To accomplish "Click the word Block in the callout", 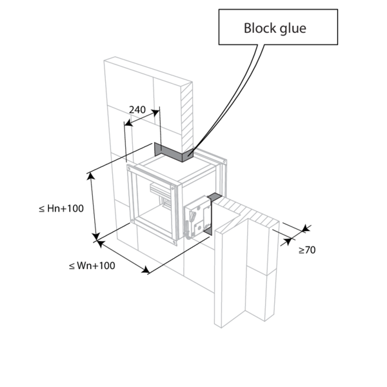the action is tap(260, 28).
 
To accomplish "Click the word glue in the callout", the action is tap(293, 29).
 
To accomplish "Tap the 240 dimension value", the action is tap(137, 110).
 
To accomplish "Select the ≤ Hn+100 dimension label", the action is tap(61, 208).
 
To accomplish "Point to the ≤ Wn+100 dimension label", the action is tap(92, 266).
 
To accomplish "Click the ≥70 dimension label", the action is tap(307, 250).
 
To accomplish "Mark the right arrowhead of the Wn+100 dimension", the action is tap(146, 270).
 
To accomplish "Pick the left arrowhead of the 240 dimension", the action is tap(128, 123).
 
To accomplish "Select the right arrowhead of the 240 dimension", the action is tap(155, 113).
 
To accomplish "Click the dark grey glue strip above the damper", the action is tap(174, 153).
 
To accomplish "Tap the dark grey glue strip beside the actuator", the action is tap(210, 212).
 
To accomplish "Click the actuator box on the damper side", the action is tap(198, 217).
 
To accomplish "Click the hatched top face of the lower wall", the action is tap(247, 212).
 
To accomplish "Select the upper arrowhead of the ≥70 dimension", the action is tap(306, 228).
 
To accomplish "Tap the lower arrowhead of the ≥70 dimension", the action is tap(288, 241).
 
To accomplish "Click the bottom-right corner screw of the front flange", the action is tap(175, 243).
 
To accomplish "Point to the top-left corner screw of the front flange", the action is tap(128, 168).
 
